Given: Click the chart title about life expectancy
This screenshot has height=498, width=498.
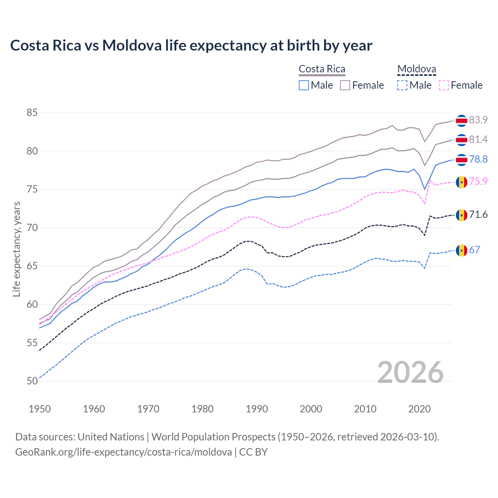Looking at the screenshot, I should coord(191,46).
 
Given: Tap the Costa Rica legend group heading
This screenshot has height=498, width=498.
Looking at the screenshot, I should coord(322,69).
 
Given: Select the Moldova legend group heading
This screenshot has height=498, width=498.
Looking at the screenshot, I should coord(416,69).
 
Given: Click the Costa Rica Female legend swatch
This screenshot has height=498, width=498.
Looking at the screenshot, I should coord(345,85).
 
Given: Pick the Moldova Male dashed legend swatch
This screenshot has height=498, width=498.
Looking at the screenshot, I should coord(402,85).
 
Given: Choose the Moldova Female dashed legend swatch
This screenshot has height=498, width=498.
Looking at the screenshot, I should coord(444,85).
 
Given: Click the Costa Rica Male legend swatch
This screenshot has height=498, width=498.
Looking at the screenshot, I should coord(304,85).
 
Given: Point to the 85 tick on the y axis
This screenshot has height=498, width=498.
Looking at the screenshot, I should coord(32,113).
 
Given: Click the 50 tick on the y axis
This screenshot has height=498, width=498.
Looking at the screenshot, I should coord(32,381).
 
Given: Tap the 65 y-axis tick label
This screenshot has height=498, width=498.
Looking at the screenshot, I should coord(32,266).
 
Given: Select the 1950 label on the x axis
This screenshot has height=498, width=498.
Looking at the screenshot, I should coord(40,409).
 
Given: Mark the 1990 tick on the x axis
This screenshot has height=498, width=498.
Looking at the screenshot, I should coord(257,409).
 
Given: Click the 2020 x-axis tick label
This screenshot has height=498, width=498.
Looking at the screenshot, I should coord(419,409).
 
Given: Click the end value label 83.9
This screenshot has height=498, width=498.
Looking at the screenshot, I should coord(478,120).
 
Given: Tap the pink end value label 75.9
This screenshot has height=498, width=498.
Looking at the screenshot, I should coord(478,182).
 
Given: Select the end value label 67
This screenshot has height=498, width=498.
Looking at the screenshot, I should coord(475,250).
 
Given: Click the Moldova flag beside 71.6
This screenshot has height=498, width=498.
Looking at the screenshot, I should coord(461,215).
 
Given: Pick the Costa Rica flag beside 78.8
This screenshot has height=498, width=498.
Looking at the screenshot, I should coord(461,160).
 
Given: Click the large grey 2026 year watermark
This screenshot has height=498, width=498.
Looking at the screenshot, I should coord(410,372).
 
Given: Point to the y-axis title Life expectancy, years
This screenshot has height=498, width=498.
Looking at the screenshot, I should coord(17,249).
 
